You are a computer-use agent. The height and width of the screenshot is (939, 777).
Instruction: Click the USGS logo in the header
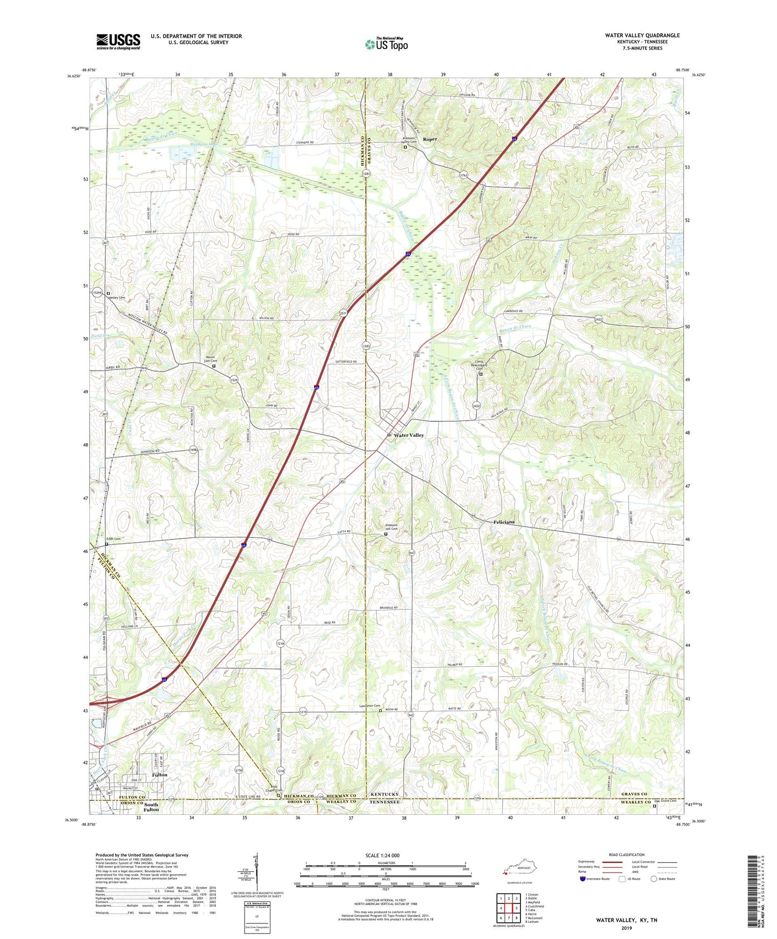click(x=118, y=41)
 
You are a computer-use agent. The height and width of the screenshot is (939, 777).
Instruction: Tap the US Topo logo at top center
click(x=386, y=44)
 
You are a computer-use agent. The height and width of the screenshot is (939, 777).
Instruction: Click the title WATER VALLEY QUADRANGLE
click(x=642, y=35)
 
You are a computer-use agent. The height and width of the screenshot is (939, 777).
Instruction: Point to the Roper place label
click(x=430, y=139)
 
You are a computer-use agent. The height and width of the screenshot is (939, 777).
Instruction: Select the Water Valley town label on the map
click(x=409, y=435)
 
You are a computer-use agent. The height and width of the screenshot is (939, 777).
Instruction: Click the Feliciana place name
click(x=504, y=522)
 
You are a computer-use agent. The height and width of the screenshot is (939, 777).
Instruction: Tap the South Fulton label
click(x=151, y=807)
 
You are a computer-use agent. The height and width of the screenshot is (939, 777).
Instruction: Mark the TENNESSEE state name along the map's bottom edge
click(x=384, y=802)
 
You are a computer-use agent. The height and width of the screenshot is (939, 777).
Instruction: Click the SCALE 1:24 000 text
click(x=382, y=855)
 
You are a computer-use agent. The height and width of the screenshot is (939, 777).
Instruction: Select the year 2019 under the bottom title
click(x=626, y=928)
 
